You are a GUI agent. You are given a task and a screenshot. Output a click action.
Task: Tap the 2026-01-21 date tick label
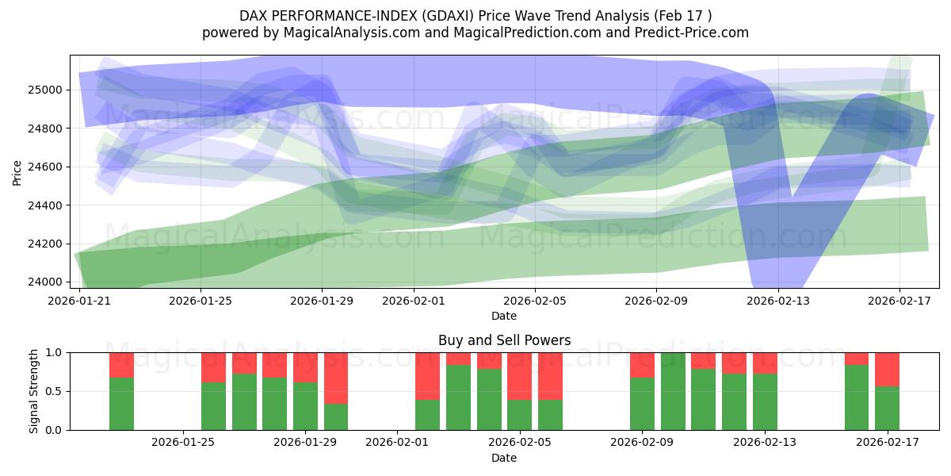pos(79,301)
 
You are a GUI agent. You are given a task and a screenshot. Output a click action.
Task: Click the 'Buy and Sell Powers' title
pos(504,340)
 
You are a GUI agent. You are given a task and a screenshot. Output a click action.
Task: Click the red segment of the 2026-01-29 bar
pos(305,367)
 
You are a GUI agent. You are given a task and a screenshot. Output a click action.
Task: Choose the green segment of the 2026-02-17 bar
pos(887,408)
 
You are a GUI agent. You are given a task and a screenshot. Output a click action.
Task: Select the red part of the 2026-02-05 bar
pos(519,376)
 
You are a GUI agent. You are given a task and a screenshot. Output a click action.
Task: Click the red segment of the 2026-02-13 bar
pos(765,363)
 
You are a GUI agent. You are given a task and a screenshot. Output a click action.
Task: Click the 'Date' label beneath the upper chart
pos(504,316)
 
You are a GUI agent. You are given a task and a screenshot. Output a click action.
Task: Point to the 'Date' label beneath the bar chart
pos(504,458)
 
